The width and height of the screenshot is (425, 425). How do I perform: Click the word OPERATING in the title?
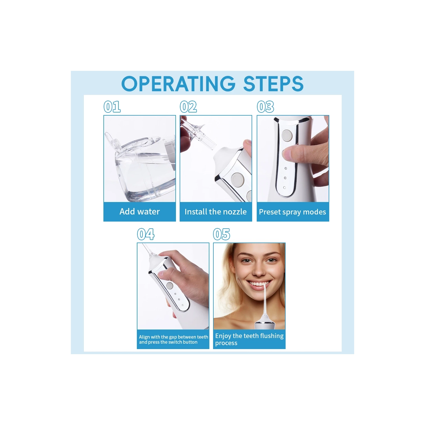point(178,84)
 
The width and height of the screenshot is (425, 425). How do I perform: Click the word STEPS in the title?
point(273,84)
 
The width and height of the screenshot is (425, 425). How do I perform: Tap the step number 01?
point(112,107)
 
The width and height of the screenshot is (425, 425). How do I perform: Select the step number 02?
point(188,107)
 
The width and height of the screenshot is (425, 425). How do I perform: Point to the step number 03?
point(265,107)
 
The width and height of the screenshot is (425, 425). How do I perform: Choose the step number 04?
point(146,234)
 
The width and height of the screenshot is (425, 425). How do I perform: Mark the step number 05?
point(222,234)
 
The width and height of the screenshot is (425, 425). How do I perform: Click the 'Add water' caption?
point(139,212)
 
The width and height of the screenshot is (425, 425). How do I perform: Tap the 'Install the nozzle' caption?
point(216,212)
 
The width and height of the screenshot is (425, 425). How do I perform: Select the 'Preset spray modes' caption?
point(292,212)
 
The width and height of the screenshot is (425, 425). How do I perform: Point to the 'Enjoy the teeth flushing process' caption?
point(249,339)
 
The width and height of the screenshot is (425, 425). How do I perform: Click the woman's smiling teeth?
point(258,284)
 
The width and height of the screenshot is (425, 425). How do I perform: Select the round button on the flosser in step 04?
point(170,285)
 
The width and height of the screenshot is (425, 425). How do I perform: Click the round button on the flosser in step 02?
point(237,179)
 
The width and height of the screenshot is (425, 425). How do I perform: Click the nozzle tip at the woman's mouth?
point(265,287)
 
